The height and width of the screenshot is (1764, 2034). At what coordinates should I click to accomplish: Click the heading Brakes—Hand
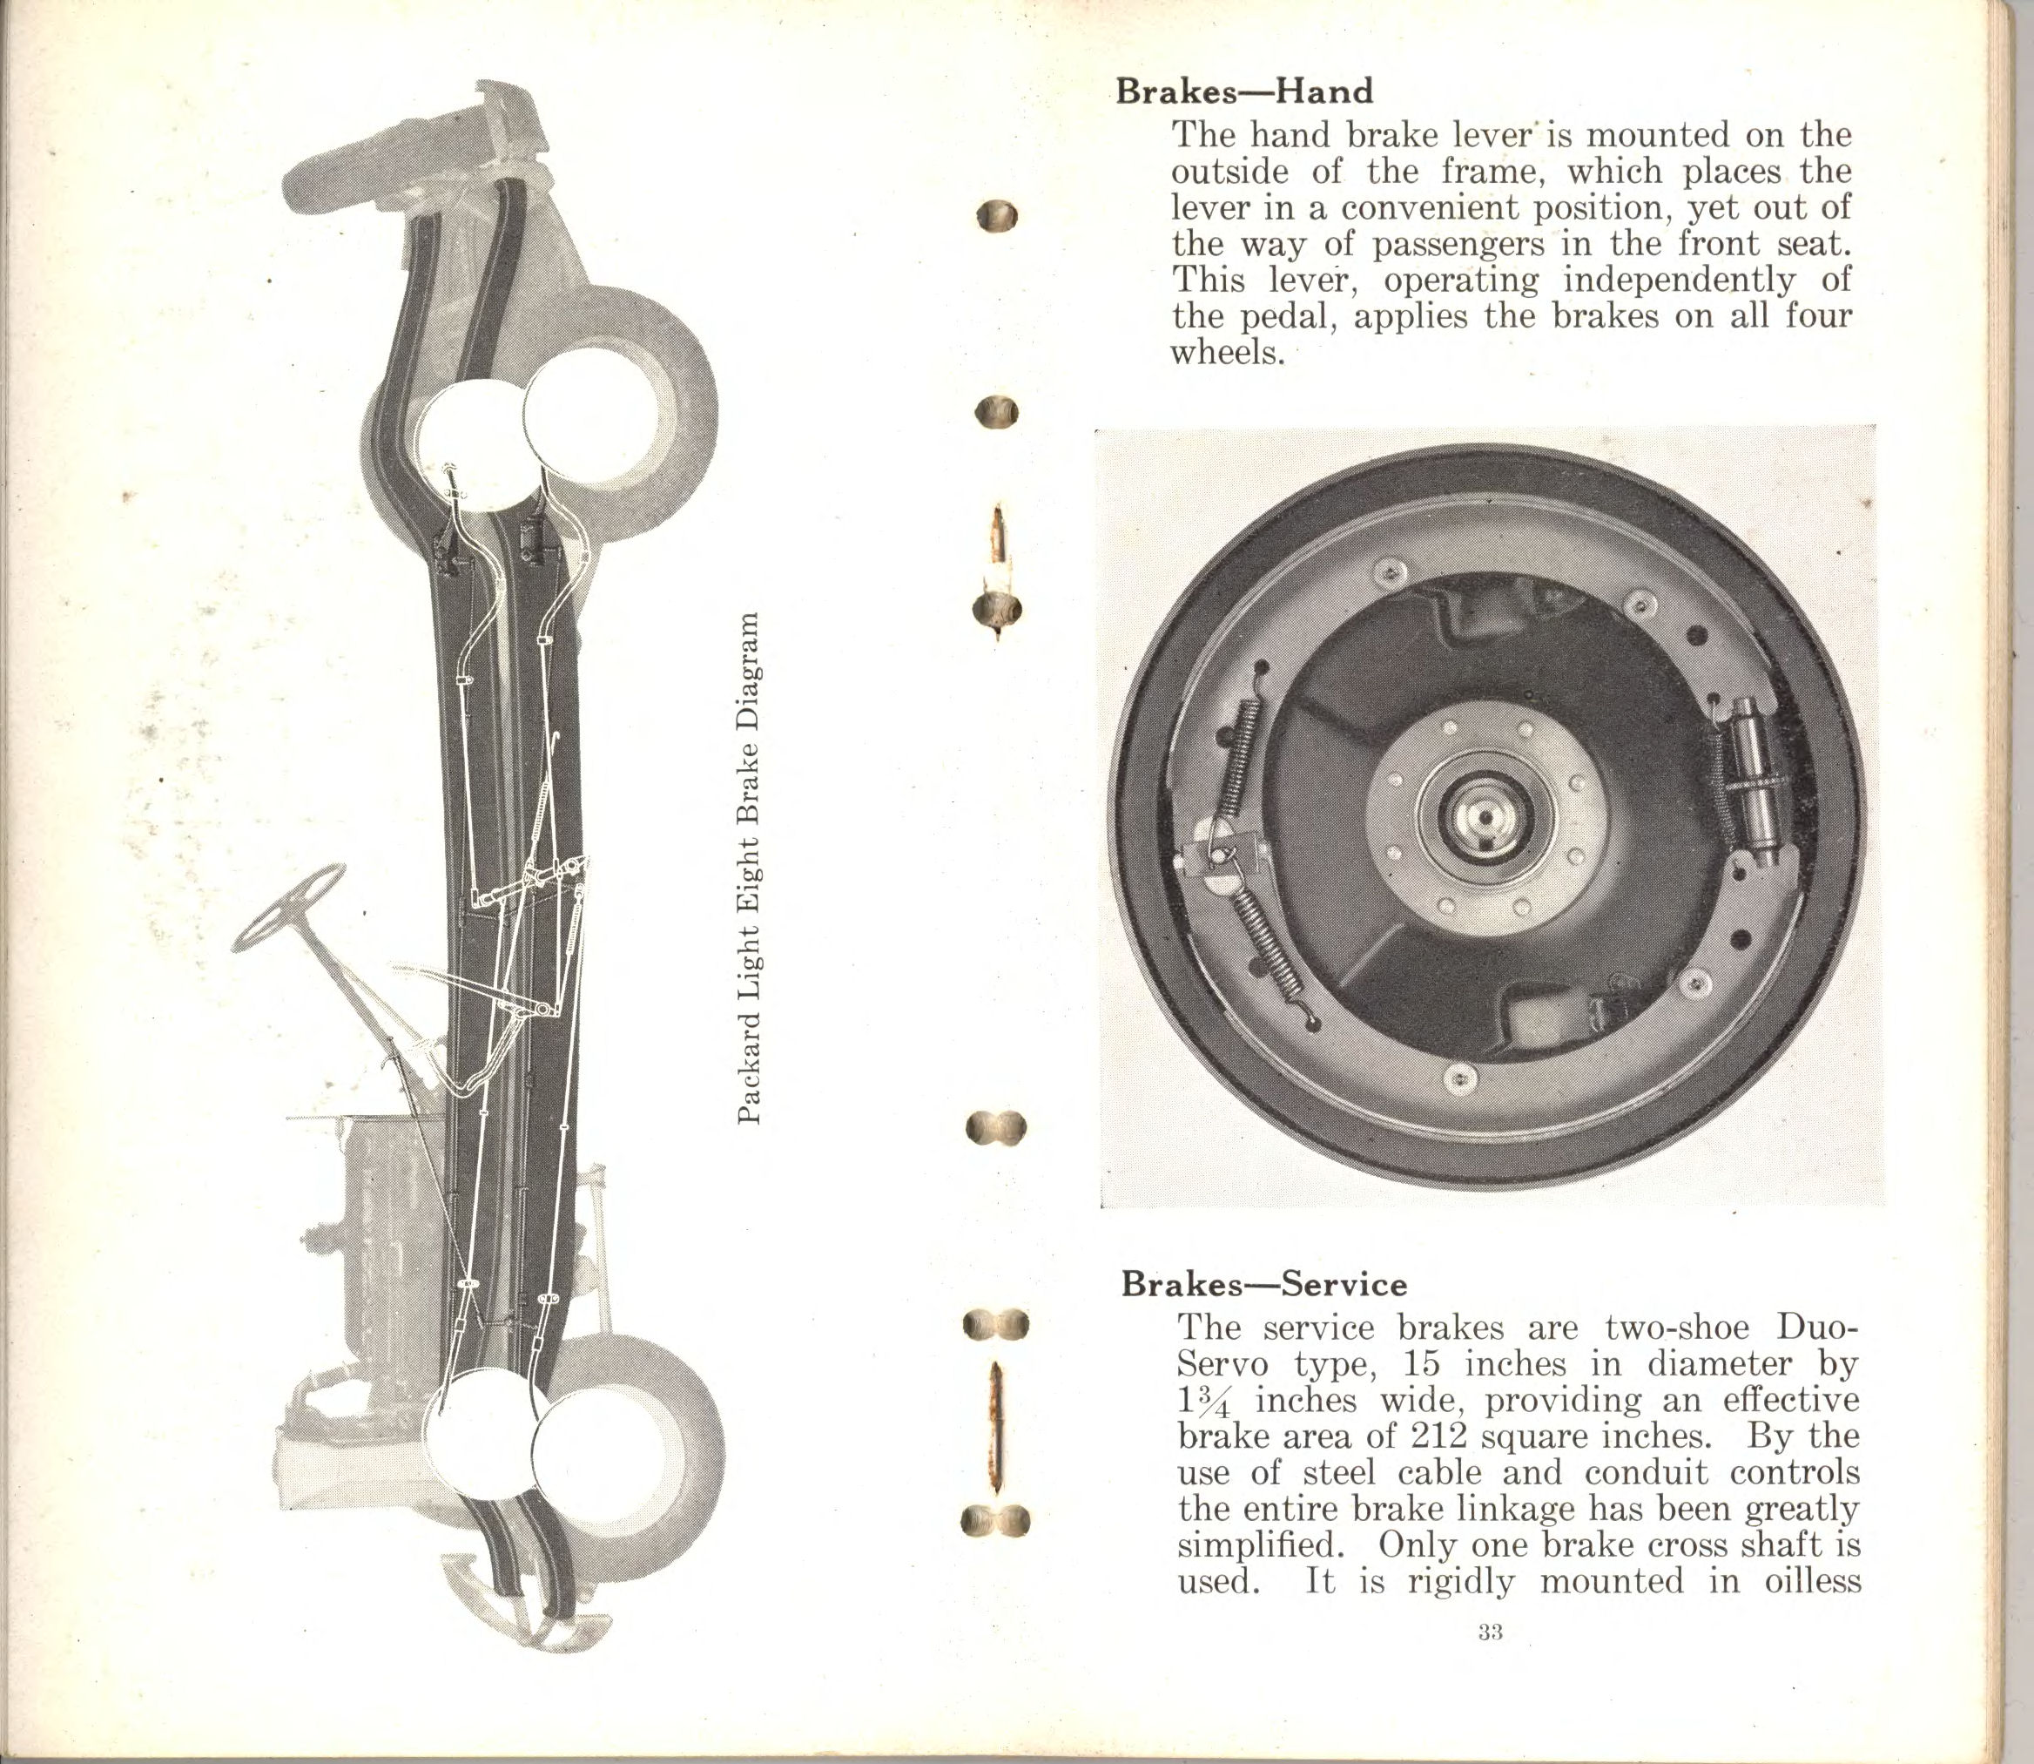(1243, 91)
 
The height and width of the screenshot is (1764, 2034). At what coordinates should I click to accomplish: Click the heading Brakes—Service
(1263, 1284)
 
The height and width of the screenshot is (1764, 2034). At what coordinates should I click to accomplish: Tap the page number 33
(1489, 1632)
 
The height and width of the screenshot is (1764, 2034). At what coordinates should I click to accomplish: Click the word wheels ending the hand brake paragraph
(1227, 353)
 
